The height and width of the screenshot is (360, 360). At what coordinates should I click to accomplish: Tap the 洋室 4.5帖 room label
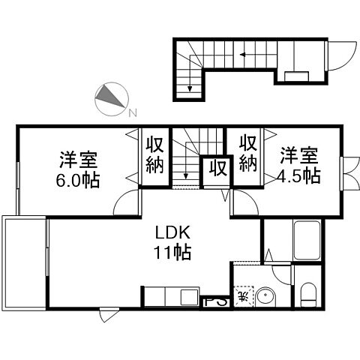(299, 166)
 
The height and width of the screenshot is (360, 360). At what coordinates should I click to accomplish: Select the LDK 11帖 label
(172, 241)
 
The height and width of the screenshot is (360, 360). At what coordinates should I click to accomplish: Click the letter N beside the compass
(132, 113)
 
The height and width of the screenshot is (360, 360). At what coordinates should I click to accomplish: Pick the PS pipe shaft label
(213, 303)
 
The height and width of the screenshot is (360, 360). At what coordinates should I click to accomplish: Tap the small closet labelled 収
(218, 166)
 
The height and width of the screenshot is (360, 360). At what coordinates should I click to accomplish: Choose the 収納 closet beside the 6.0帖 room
(155, 154)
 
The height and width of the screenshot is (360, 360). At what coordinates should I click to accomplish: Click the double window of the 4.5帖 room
(347, 175)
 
